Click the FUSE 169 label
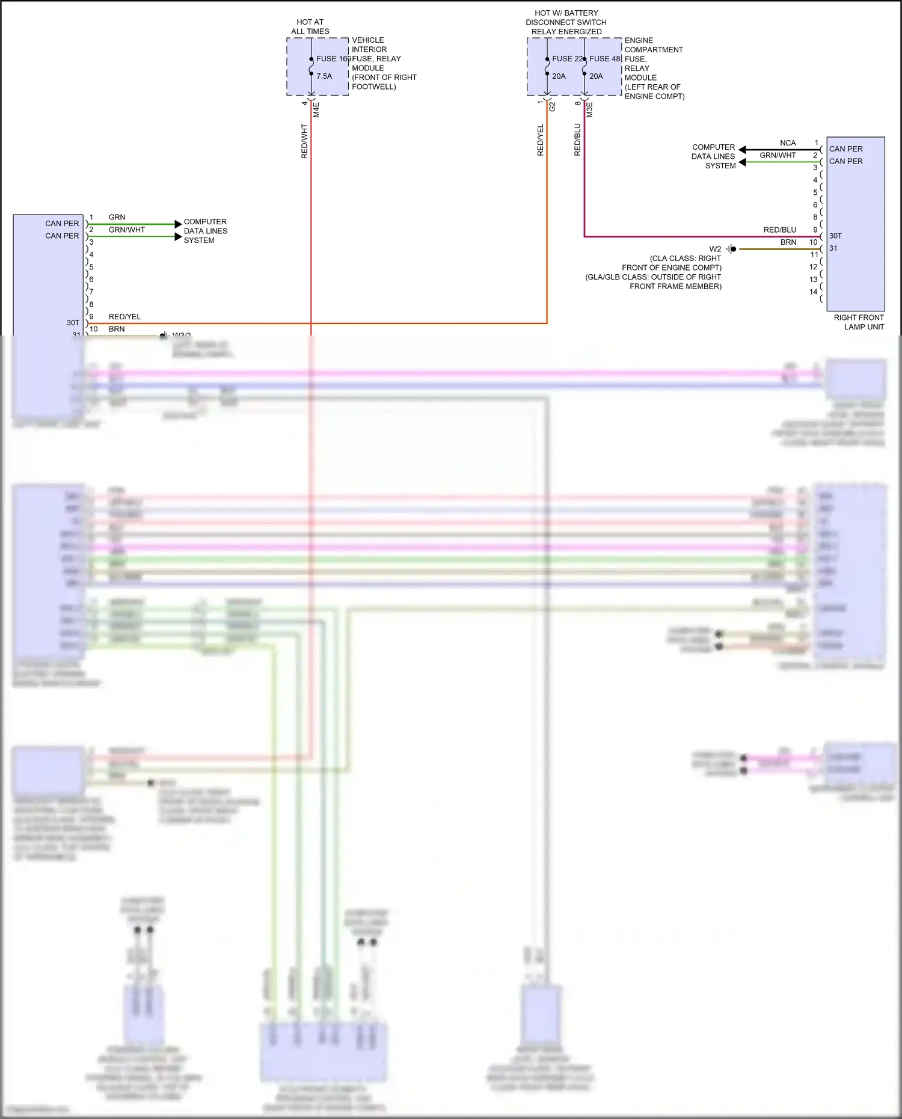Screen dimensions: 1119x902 click(x=333, y=59)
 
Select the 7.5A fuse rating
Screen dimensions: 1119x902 click(x=324, y=76)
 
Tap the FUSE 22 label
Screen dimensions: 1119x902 click(x=567, y=59)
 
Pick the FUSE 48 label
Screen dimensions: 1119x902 click(x=604, y=59)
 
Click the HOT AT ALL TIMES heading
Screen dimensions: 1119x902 click(x=310, y=26)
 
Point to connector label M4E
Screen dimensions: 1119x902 click(x=316, y=109)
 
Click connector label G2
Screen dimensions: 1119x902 click(x=552, y=106)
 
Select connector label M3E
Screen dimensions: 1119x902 click(x=589, y=109)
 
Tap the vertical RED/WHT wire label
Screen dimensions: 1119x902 click(x=304, y=141)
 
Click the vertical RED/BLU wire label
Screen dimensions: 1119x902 click(x=577, y=139)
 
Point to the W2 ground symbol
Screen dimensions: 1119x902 click(x=732, y=249)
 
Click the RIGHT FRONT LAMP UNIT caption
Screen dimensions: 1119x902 click(x=859, y=322)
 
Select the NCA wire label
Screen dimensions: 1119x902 click(x=788, y=143)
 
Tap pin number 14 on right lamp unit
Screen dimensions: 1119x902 click(x=813, y=292)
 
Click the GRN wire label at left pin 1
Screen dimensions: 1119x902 click(x=117, y=217)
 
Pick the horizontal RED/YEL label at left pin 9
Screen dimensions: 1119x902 click(x=124, y=316)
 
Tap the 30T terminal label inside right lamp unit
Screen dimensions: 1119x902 click(x=835, y=236)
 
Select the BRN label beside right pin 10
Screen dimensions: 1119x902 click(x=788, y=242)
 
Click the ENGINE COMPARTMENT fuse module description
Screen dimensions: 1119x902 click(x=654, y=69)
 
